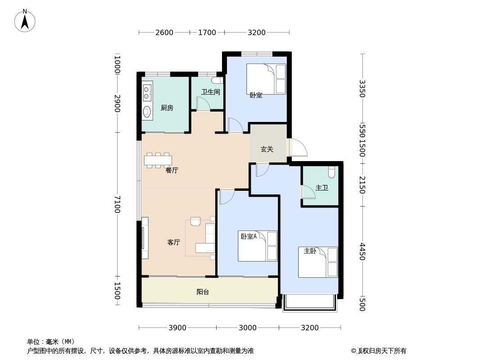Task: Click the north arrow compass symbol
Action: click(25, 21)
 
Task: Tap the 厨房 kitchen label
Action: click(167, 108)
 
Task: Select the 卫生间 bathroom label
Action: click(211, 92)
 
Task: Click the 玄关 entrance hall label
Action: click(267, 149)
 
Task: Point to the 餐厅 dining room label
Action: click(172, 170)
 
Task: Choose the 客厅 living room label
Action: click(173, 242)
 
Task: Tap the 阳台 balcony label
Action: click(203, 292)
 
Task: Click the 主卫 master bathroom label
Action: click(322, 188)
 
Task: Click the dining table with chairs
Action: click(158, 160)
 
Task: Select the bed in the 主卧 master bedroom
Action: click(318, 262)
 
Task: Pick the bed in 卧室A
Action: click(258, 246)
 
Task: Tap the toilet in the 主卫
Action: click(331, 172)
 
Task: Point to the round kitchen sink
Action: click(147, 111)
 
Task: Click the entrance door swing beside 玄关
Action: click(298, 148)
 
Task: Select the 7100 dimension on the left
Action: click(117, 205)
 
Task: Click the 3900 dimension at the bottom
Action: click(177, 328)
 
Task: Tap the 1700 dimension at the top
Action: click(207, 32)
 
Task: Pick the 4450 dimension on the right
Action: click(362, 252)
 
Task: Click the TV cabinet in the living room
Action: click(145, 238)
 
